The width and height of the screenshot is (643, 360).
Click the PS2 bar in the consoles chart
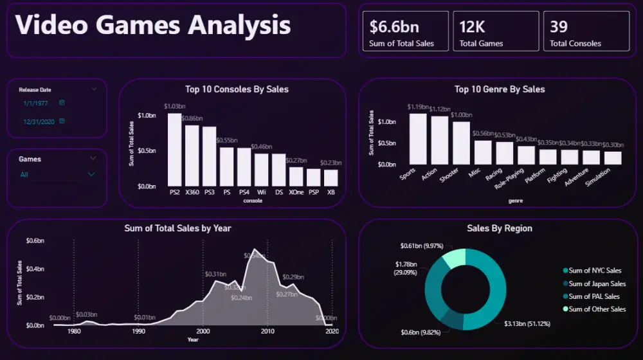tap(174, 149)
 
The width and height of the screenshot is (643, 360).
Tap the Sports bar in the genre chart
tap(418, 139)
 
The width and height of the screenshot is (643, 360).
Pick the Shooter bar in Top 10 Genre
tap(461, 143)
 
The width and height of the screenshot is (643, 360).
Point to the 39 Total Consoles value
tap(559, 26)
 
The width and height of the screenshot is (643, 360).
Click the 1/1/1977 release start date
tap(36, 103)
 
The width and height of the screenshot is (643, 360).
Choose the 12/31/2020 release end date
tap(38, 122)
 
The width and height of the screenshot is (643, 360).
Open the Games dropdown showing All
tap(57, 174)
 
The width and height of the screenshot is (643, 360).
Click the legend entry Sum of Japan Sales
tap(597, 283)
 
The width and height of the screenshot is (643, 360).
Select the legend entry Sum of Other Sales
tap(597, 309)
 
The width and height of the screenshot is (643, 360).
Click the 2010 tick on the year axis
tap(267, 332)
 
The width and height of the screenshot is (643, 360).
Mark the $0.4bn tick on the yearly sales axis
tap(35, 269)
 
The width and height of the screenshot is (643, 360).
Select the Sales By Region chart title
tap(499, 228)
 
